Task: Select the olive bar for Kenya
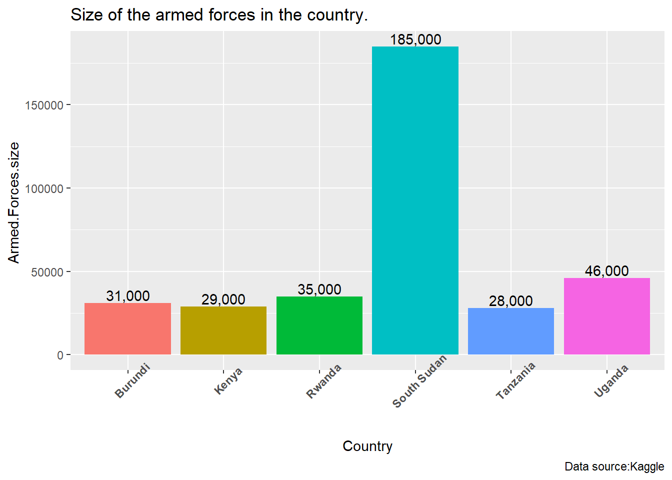pyautogui.click(x=223, y=330)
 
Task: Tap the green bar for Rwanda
pyautogui.click(x=319, y=325)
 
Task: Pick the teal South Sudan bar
pyautogui.click(x=415, y=200)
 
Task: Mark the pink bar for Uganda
pyautogui.click(x=606, y=316)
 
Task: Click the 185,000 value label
pyautogui.click(x=415, y=39)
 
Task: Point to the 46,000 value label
pyautogui.click(x=606, y=271)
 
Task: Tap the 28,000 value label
pyautogui.click(x=510, y=301)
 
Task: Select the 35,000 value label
pyautogui.click(x=319, y=289)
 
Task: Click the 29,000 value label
pyautogui.click(x=223, y=299)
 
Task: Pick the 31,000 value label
pyautogui.click(x=127, y=296)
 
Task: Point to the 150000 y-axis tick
pyautogui.click(x=44, y=105)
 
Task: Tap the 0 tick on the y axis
pyautogui.click(x=60, y=355)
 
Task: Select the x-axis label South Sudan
pyautogui.click(x=419, y=382)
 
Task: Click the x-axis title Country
pyautogui.click(x=367, y=446)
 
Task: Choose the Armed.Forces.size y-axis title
pyautogui.click(x=13, y=202)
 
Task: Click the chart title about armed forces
pyautogui.click(x=219, y=15)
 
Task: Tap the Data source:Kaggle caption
pyautogui.click(x=614, y=466)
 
